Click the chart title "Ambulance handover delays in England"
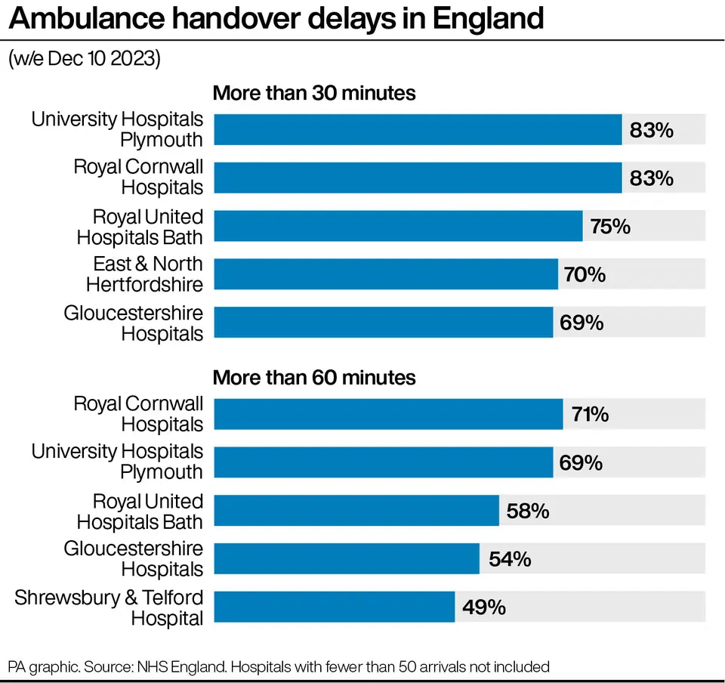(276, 19)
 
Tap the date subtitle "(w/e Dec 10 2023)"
(85, 60)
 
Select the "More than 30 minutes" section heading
(314, 94)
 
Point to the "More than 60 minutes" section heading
(314, 377)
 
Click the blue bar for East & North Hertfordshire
(386, 274)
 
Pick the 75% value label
(610, 226)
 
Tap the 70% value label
(585, 274)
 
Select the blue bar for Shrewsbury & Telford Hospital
(334, 607)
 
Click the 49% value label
(484, 607)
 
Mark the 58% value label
(528, 511)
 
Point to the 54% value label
(509, 559)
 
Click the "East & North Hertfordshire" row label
(145, 274)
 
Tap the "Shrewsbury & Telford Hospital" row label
(110, 607)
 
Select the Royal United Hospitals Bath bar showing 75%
(398, 226)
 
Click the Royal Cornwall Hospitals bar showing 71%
(388, 415)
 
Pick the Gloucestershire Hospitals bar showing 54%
(347, 559)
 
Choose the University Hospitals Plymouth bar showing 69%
(384, 462)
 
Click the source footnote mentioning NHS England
(279, 666)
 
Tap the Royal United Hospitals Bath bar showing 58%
(356, 511)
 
